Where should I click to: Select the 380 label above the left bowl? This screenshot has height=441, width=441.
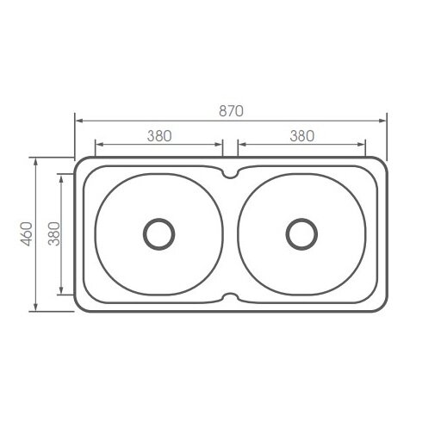[159, 135]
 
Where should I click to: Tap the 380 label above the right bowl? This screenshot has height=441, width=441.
[301, 135]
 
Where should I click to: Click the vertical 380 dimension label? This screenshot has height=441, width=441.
[53, 234]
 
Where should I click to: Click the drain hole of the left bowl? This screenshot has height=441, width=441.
[158, 233]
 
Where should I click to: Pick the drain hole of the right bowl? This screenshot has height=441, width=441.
[301, 233]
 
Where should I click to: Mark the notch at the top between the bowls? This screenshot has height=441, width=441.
[230, 174]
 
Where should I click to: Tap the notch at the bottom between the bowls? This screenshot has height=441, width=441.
[230, 298]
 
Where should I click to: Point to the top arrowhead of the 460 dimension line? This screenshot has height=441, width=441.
[35, 160]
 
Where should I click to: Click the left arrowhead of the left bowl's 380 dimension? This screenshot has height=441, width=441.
[96, 144]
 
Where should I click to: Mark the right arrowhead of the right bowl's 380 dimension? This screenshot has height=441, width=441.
[364, 144]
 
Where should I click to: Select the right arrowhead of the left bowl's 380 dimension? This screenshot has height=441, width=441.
[220, 144]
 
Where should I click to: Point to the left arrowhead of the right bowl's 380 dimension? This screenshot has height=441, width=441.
[239, 144]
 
